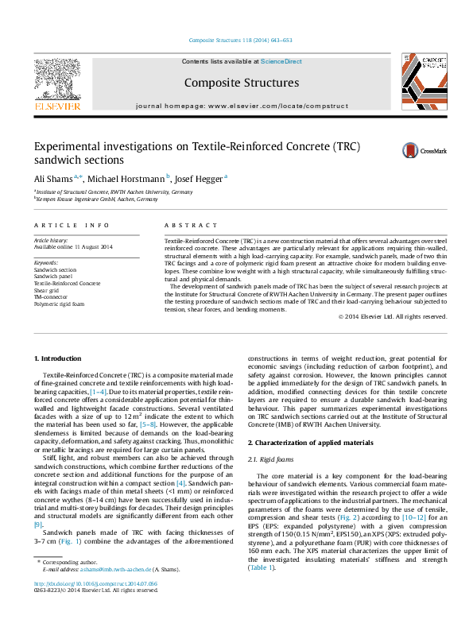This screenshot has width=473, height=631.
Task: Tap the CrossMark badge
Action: pos(402,150)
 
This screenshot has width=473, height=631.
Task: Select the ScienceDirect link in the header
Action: pos(281,61)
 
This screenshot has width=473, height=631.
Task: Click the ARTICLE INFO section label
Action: pos(72,226)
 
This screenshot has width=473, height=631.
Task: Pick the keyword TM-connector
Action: pos(51,296)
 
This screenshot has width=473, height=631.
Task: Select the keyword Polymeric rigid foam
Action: pos(60,302)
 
